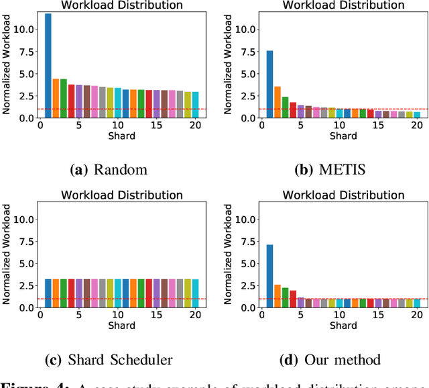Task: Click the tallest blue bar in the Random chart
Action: [x=48, y=66]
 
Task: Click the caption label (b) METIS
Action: [x=330, y=168]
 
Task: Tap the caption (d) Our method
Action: [x=330, y=359]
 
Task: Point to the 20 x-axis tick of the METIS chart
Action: [x=416, y=126]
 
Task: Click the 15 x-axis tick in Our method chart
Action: [x=379, y=316]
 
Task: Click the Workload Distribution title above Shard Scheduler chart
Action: [x=122, y=195]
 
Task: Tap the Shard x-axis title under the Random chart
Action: [x=121, y=136]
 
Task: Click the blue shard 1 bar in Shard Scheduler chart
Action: [x=48, y=293]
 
